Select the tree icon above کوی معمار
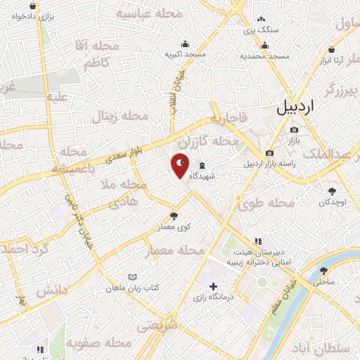pos(174,215)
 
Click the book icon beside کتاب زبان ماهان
pos(132,277)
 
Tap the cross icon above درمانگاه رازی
pos(213,286)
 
